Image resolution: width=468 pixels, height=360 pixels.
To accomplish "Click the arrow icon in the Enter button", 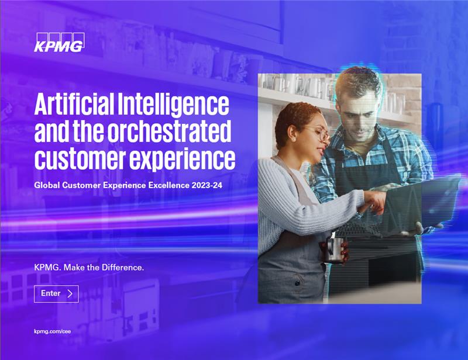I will coord(70,293).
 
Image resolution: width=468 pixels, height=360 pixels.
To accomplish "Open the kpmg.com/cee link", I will coord(53,331).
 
